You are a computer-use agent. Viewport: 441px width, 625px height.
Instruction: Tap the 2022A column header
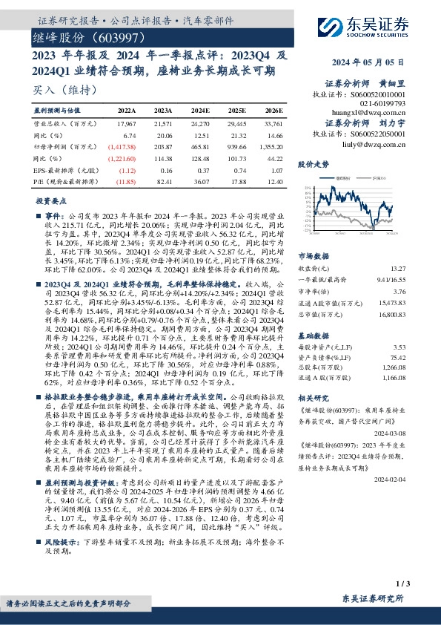pyautogui.click(x=127, y=109)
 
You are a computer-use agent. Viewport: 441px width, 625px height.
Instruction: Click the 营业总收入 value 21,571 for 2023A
pyautogui.click(x=162, y=123)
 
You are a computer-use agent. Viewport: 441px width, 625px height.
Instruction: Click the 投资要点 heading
pyautogui.click(x=49, y=201)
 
